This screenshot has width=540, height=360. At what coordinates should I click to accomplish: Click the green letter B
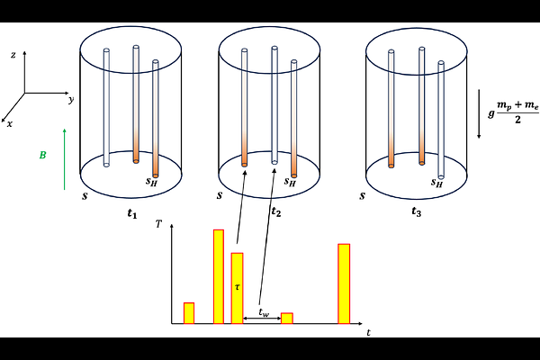coord(42,155)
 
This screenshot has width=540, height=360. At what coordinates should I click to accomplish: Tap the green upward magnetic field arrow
coord(65,159)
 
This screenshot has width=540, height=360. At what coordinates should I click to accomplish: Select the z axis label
coord(13,55)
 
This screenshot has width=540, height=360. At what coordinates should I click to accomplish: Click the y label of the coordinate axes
coord(71,100)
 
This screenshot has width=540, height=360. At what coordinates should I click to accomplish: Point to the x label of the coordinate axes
coord(10,124)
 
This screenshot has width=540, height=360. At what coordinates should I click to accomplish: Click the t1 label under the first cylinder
coord(132,213)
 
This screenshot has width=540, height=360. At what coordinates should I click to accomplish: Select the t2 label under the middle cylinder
coord(276,212)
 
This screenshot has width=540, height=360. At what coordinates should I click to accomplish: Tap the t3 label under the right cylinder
coord(417,212)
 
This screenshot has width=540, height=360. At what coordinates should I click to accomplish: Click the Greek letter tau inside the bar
coord(237,286)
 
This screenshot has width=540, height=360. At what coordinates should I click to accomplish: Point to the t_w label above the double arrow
coord(264,312)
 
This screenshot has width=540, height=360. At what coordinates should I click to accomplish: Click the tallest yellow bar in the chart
coord(219,276)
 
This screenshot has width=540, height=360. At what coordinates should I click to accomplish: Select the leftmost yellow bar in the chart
coord(189,313)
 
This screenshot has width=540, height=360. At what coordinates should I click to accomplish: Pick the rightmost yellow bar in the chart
coord(344,283)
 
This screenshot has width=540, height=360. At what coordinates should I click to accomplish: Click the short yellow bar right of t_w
coord(287,319)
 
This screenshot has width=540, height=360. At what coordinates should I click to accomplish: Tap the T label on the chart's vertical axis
coord(158,224)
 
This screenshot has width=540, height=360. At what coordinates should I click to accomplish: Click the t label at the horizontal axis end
coord(369,332)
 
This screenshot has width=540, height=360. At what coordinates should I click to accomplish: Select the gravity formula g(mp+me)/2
coord(514,112)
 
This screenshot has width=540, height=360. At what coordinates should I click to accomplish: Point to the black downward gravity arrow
coord(479,114)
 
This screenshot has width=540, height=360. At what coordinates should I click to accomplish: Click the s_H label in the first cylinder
coord(151,182)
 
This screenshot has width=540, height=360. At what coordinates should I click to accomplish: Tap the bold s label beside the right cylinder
coord(362,196)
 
